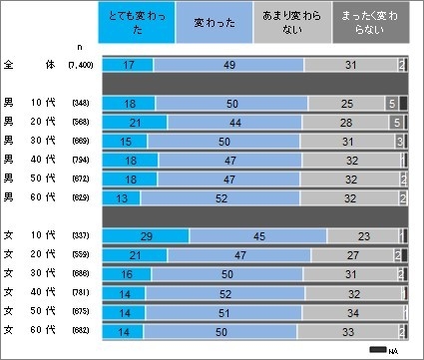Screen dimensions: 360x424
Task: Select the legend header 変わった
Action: pyautogui.click(x=221, y=23)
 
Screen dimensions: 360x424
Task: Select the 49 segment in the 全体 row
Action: pyautogui.click(x=227, y=65)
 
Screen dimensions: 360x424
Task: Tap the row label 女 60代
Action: pyautogui.click(x=29, y=330)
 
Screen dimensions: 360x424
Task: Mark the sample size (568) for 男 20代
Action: pyautogui.click(x=81, y=123)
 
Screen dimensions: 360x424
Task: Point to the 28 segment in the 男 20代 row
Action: pyautogui.click(x=347, y=123)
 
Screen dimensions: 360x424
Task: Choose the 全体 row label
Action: pyautogui.click(x=29, y=65)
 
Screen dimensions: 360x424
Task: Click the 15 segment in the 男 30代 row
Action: pyautogui.click(x=125, y=142)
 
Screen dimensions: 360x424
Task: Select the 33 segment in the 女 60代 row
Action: pyautogui.click(x=347, y=330)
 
